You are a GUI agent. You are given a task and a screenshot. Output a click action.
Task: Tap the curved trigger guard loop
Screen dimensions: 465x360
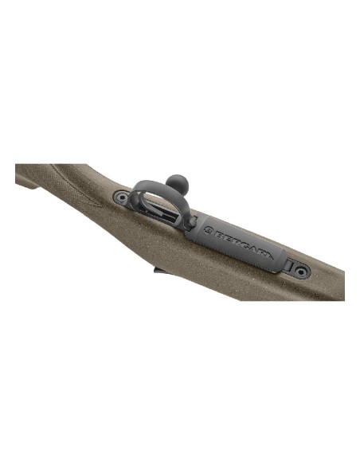click(x=143, y=191)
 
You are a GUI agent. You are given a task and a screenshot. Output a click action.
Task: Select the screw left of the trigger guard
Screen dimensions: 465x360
click(x=119, y=197)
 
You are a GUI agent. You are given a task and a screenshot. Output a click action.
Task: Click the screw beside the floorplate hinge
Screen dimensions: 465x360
click(x=299, y=271)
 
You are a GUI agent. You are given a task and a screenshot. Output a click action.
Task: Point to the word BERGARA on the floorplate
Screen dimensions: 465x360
click(x=239, y=241)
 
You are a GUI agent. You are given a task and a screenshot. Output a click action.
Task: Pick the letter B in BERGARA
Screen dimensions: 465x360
click(x=217, y=233)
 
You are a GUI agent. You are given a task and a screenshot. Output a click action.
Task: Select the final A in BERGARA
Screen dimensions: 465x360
click(x=268, y=254)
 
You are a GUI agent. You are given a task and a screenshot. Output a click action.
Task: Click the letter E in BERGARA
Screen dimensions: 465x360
click(x=224, y=236)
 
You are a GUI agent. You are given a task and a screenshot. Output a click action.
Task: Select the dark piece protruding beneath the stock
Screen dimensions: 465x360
click(x=158, y=272)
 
